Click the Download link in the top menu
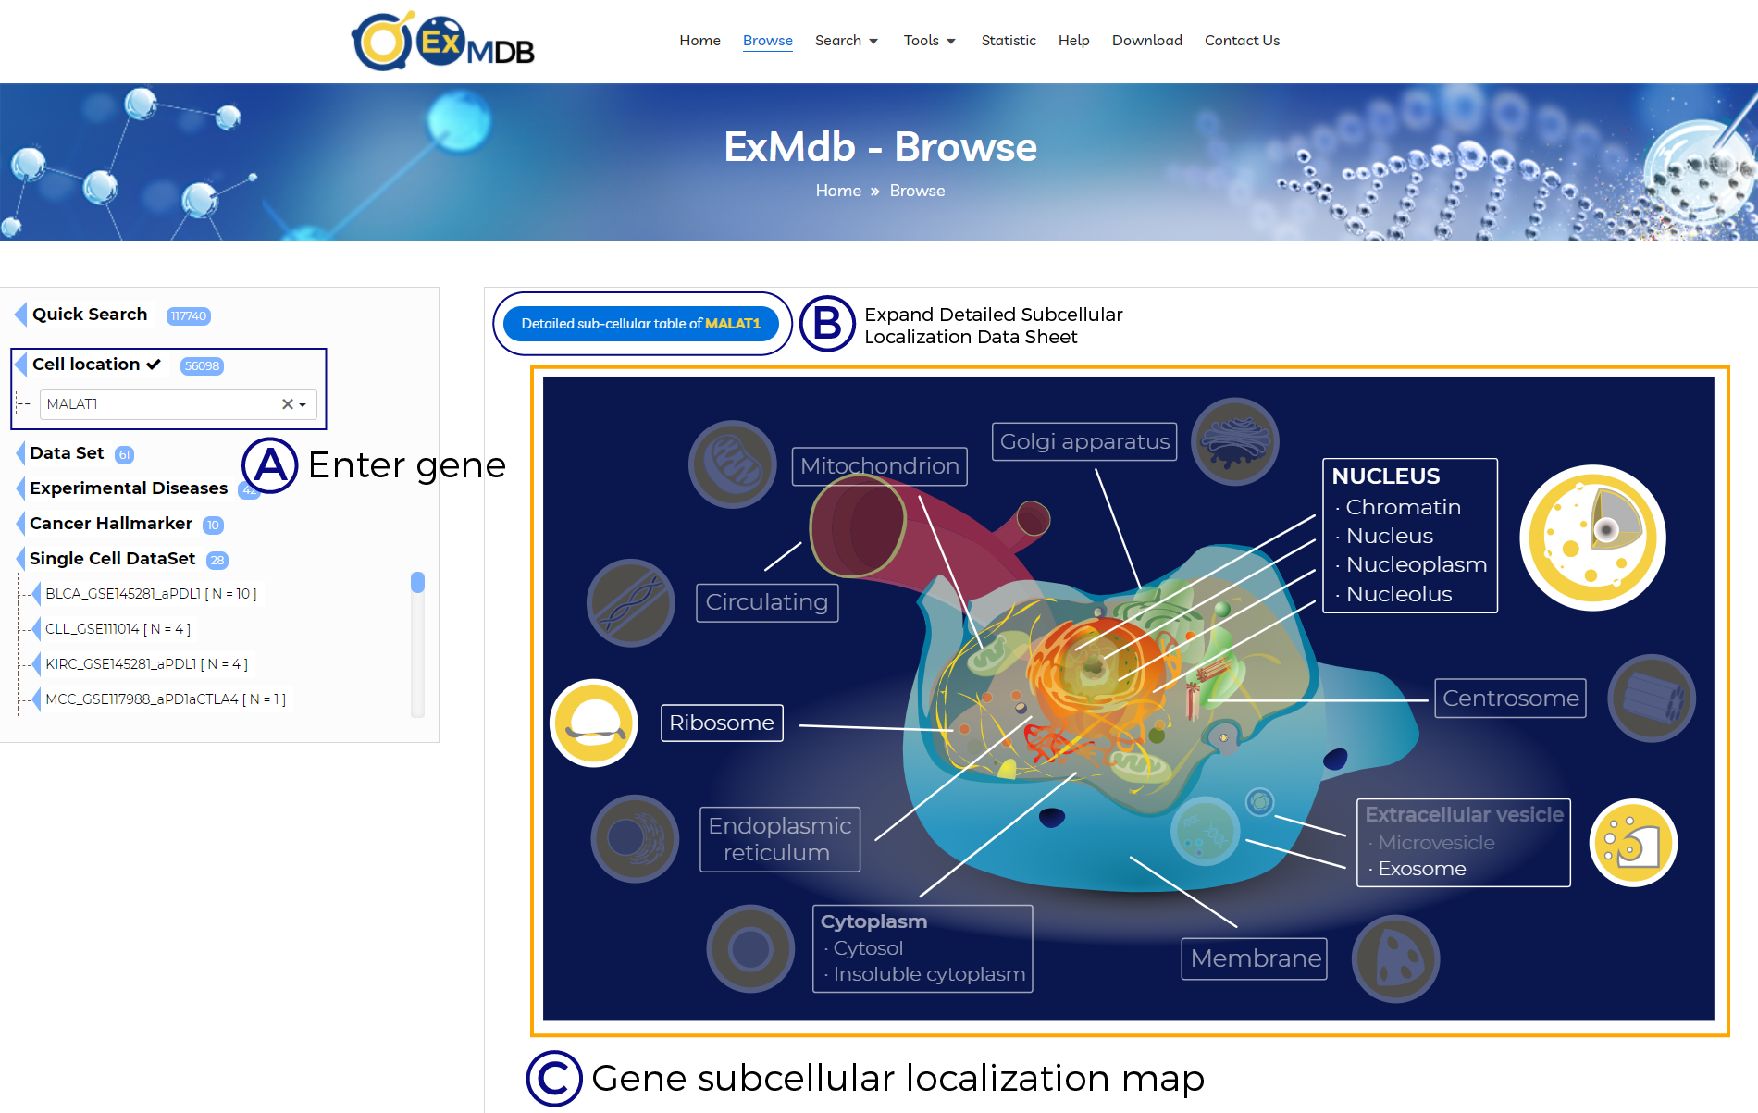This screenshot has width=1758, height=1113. [x=1146, y=41]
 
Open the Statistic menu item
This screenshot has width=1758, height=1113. [x=1008, y=41]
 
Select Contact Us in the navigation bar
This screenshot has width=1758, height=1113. [x=1242, y=41]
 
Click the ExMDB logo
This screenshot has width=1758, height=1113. [x=443, y=42]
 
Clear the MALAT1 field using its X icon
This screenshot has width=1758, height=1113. [x=288, y=404]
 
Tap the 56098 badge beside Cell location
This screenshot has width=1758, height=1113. [x=202, y=365]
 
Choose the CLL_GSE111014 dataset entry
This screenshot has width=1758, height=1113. [x=118, y=629]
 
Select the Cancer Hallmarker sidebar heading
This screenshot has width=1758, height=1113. [x=111, y=524]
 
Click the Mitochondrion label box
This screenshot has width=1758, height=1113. [x=879, y=466]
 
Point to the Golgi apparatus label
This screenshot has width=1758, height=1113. [x=1084, y=441]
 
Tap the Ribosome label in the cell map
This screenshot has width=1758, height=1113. [x=722, y=723]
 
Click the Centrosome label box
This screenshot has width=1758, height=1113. [x=1510, y=698]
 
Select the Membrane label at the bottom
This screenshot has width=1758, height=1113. [x=1255, y=958]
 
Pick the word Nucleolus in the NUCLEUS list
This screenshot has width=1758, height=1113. [x=1399, y=594]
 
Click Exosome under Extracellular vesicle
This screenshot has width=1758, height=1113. [x=1422, y=869]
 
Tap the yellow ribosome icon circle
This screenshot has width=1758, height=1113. [x=594, y=723]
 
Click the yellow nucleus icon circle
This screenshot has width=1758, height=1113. [x=1592, y=538]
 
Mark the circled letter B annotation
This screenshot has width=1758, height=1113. [x=827, y=324]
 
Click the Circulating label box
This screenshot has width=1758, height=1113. [x=767, y=602]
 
